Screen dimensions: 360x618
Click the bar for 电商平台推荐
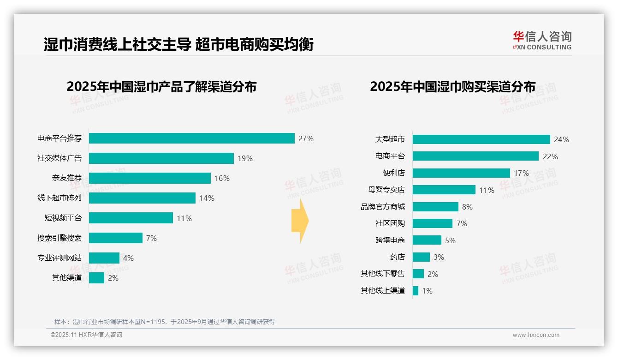[191, 138]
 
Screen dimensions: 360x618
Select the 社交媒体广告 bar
[161, 158]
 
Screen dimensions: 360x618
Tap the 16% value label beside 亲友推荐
[222, 178]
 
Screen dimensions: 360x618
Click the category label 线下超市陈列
[59, 198]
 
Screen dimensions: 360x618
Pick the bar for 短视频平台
[131, 218]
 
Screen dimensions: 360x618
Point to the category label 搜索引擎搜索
[59, 238]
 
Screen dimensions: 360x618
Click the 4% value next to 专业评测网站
[128, 258]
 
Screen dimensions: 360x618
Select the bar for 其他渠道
[96, 278]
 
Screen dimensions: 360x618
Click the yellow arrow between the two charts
[300, 221]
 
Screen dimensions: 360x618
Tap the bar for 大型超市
[481, 139]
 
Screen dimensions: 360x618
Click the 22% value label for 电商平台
[550, 156]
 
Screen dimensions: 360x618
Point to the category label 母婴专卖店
[390, 190]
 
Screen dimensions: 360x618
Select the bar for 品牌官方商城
[435, 207]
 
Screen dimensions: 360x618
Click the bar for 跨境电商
[427, 240]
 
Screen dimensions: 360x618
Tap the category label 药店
[397, 257]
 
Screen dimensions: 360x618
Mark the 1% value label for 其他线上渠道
[427, 291]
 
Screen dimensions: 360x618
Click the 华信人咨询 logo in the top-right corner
[542, 40]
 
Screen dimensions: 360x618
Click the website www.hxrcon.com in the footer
[535, 335]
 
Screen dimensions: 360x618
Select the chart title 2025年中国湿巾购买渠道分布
[452, 87]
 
